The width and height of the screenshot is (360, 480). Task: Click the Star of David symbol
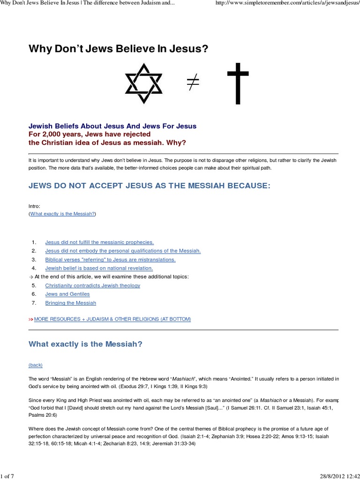(143, 87)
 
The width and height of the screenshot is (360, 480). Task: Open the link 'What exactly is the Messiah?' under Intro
(62, 213)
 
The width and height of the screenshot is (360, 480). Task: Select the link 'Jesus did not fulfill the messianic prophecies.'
(99, 242)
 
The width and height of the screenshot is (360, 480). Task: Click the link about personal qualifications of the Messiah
(123, 251)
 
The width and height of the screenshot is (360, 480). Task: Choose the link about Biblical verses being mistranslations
(110, 259)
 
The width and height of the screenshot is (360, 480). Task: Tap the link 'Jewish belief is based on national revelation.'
(99, 268)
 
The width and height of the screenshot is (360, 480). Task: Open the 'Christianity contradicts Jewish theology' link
(92, 285)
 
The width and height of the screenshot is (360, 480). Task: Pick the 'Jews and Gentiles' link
(67, 294)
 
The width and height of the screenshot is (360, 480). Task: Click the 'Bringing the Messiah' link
(70, 303)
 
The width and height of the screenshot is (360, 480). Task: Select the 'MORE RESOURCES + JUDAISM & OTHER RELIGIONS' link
(112, 319)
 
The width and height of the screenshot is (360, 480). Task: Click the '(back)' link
(36, 365)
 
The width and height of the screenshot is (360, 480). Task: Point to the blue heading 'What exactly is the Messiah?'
(85, 344)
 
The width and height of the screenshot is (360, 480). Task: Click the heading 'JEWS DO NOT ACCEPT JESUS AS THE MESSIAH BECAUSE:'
(150, 186)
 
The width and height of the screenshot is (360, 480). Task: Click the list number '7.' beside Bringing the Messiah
(34, 303)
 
